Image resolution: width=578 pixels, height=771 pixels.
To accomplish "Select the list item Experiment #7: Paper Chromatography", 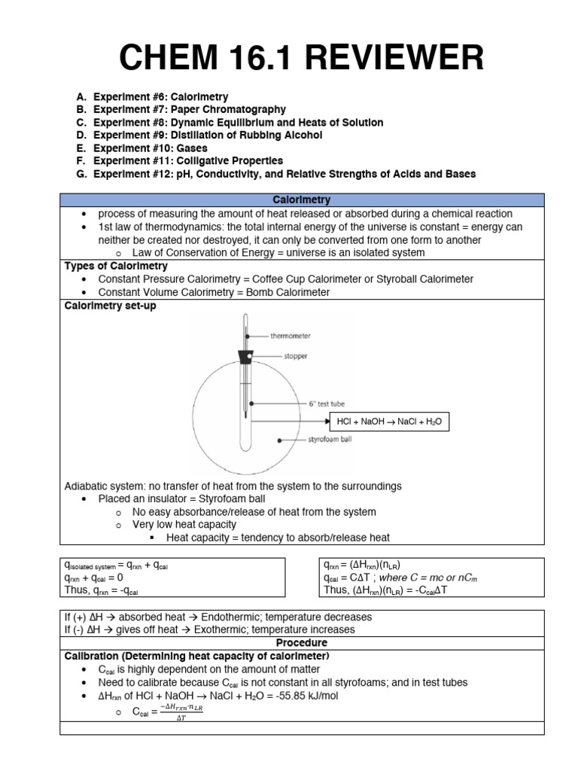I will [190, 110].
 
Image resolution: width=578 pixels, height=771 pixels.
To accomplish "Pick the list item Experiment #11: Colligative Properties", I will [188, 161].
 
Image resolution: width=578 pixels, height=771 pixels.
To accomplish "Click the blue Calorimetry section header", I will [301, 200].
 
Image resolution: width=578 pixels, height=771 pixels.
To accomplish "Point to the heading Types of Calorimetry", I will [116, 267].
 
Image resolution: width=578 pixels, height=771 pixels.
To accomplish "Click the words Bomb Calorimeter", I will [289, 292].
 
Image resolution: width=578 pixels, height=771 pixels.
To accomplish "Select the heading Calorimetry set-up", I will [110, 306].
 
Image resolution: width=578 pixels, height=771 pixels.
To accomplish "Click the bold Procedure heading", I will [301, 643].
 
